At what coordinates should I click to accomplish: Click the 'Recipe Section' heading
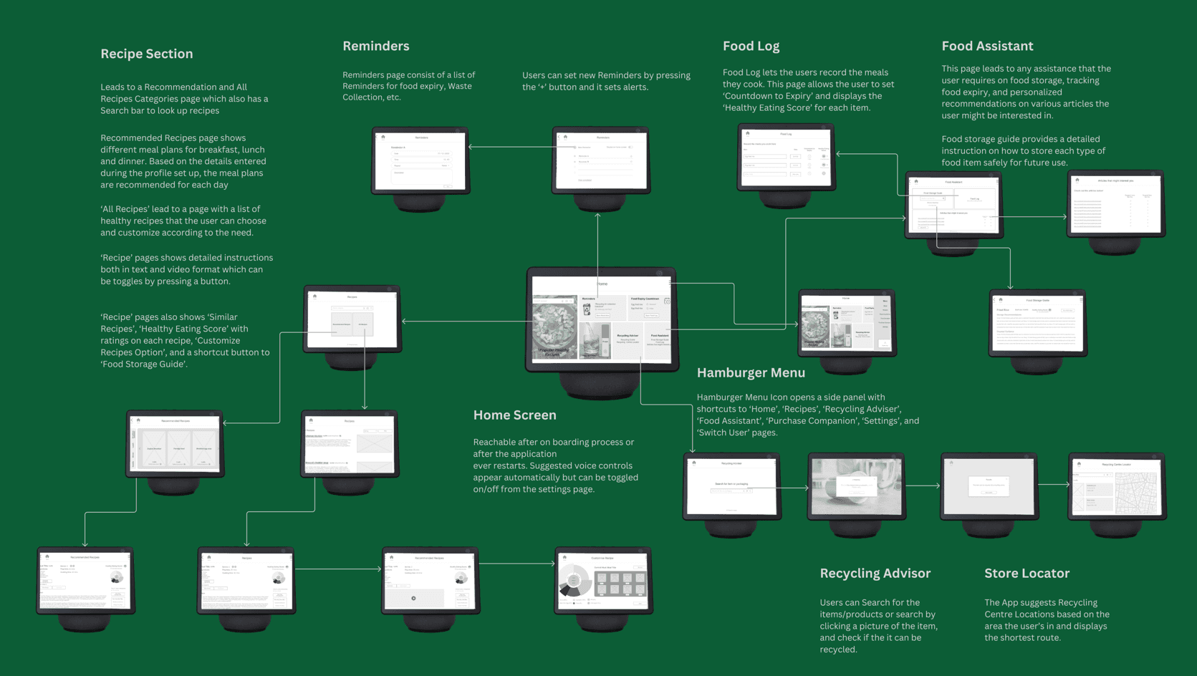147,54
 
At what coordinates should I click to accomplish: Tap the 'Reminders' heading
376,46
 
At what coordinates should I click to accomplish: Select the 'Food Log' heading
751,46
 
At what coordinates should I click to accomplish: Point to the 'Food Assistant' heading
987,46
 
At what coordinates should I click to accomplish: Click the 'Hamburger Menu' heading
751,372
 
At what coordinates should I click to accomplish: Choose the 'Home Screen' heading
514,415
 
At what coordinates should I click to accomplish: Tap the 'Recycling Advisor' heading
875,573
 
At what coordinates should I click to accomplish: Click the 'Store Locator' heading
1027,573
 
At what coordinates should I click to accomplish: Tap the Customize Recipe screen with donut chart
603,581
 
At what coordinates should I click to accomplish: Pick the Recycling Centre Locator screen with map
1117,486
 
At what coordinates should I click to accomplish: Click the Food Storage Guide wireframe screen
1037,323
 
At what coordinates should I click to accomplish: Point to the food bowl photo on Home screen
554,326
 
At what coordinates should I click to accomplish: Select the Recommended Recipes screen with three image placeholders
176,444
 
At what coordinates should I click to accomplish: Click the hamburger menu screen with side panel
847,323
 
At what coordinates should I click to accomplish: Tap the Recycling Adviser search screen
731,486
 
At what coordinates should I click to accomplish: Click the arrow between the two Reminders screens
511,147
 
